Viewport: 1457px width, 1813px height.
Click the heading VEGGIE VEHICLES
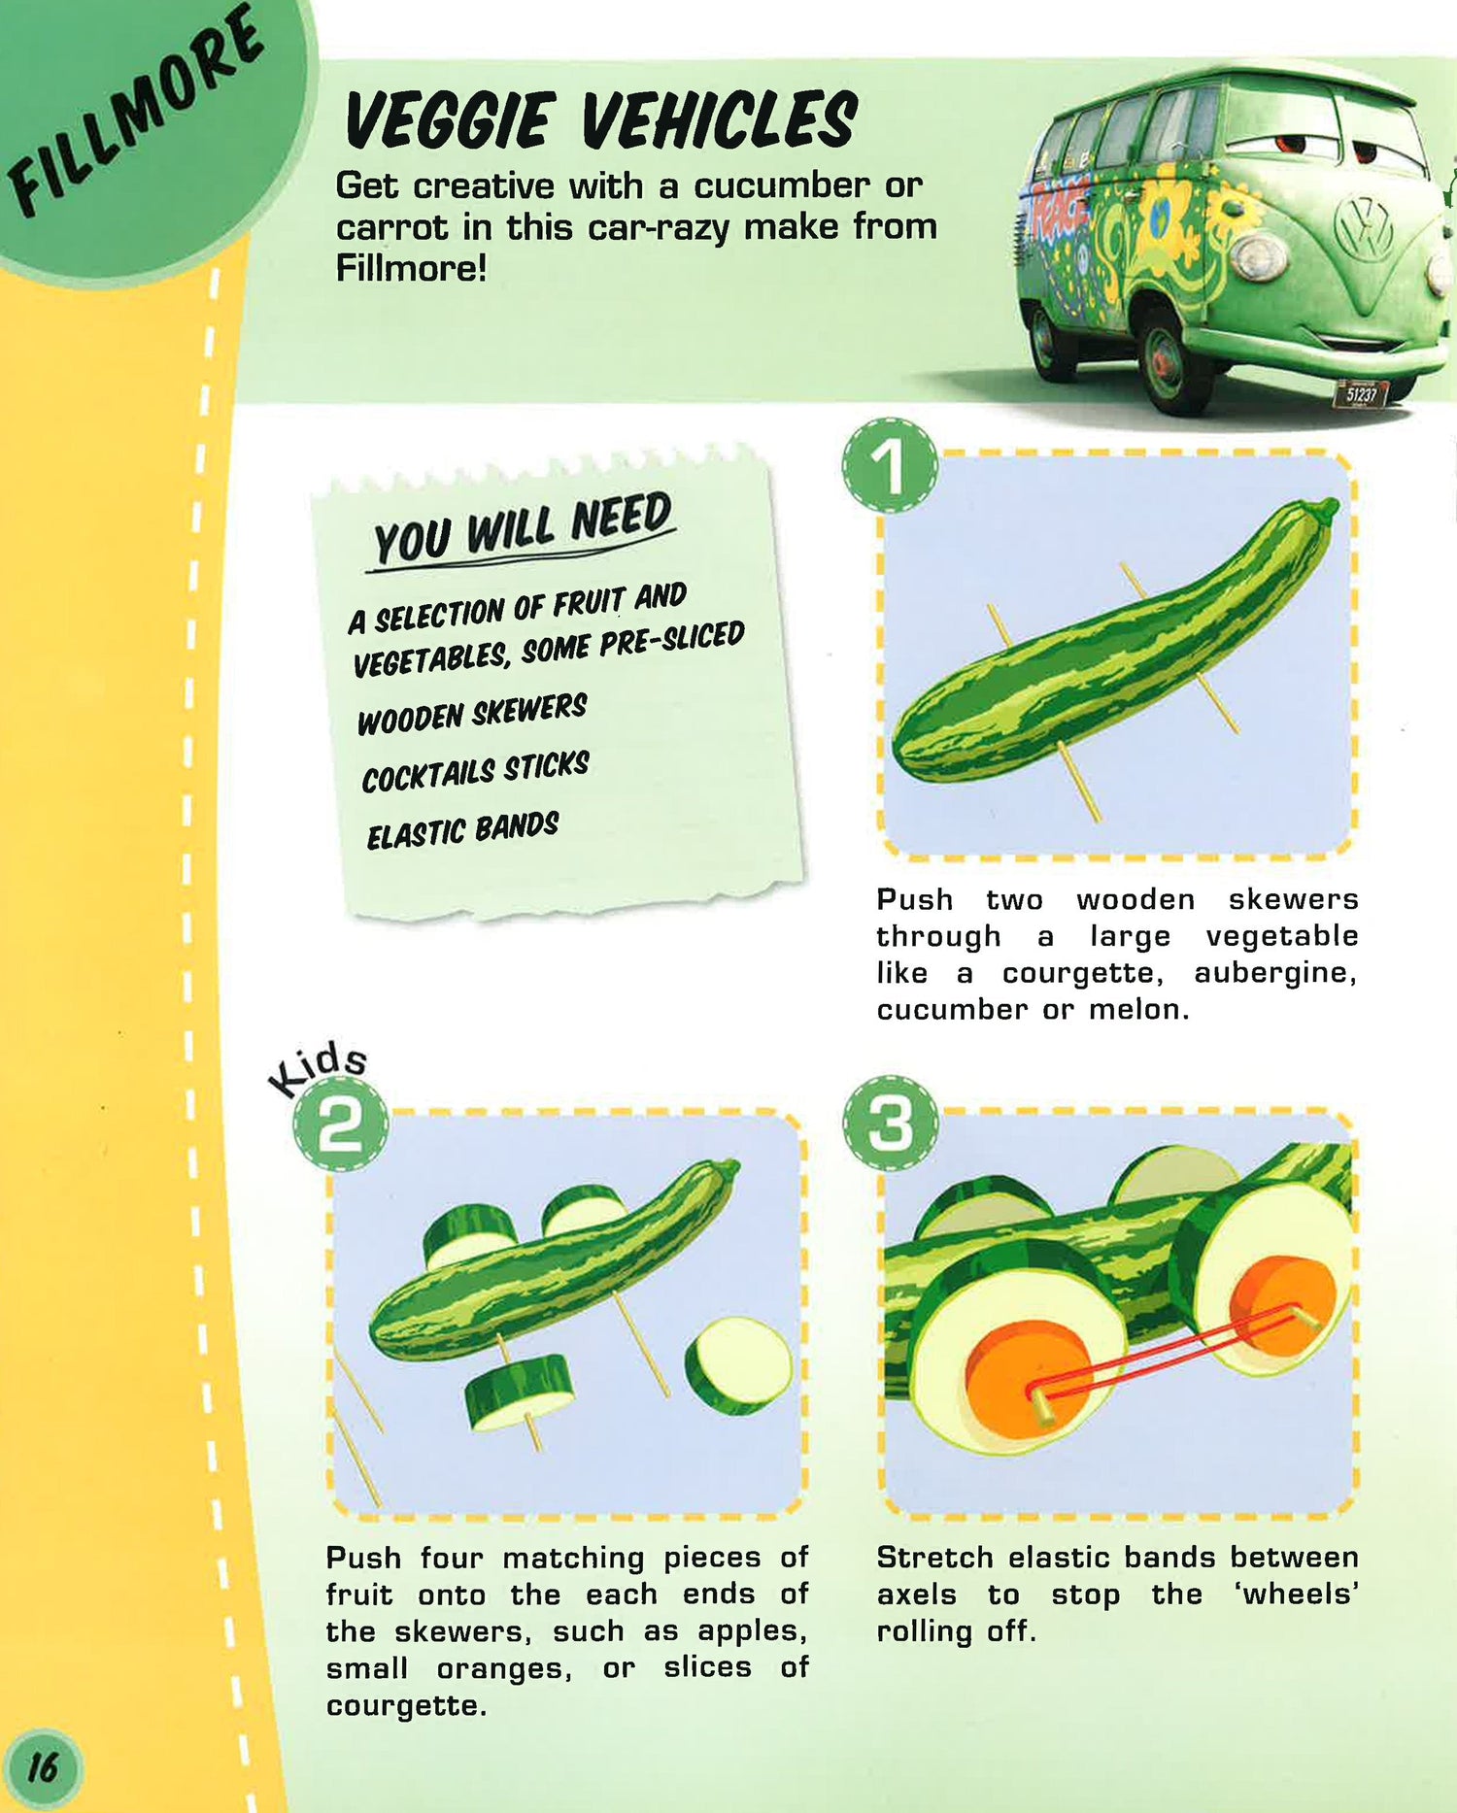[600, 120]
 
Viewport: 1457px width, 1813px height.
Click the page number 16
[43, 1765]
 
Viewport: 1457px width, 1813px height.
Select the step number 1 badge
[891, 466]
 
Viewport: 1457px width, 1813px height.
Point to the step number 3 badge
[891, 1123]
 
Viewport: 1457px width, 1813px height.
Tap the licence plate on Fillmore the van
[1363, 393]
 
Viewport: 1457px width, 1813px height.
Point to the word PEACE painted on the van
[1059, 216]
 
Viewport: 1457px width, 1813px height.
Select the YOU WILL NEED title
[524, 529]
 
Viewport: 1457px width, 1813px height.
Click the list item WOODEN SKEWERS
[472, 714]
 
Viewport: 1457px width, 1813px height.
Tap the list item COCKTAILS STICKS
[476, 772]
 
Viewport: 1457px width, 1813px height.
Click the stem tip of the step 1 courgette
[1327, 504]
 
